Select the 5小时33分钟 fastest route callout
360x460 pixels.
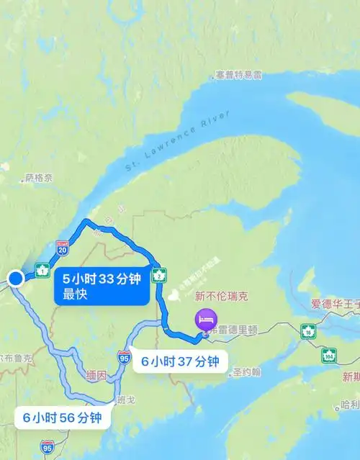pyautogui.click(x=101, y=286)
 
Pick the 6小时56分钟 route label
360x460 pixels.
pyautogui.click(x=62, y=417)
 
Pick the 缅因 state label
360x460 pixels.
pyautogui.click(x=96, y=376)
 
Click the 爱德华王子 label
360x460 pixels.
pyautogui.click(x=334, y=305)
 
